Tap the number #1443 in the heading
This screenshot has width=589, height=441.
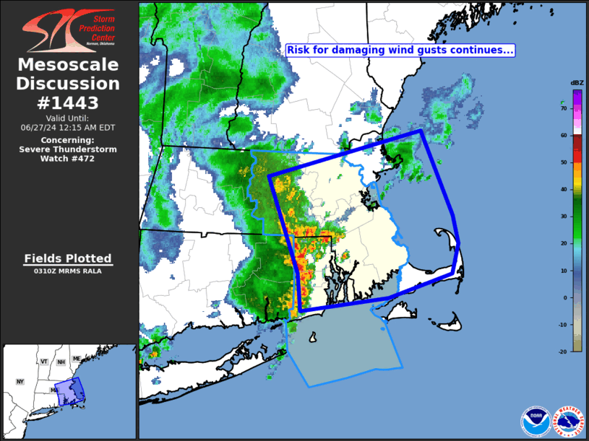click(68, 102)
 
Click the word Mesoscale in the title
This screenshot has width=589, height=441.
click(68, 65)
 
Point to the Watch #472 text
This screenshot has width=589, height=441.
click(68, 158)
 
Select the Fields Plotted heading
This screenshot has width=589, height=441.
click(68, 258)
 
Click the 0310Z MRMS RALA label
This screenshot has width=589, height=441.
click(68, 271)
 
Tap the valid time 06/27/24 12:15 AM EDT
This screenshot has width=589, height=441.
click(68, 127)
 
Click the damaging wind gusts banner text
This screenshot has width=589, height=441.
click(400, 50)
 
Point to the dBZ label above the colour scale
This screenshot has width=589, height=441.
click(577, 83)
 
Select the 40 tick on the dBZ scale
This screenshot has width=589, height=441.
click(563, 189)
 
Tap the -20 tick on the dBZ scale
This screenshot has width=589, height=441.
click(562, 351)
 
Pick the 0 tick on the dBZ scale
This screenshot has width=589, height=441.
click(564, 297)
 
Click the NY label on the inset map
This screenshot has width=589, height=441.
click(20, 381)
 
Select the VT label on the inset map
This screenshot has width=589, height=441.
click(44, 362)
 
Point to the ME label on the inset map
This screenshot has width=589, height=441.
click(77, 359)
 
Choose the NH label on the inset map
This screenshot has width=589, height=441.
click(61, 362)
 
